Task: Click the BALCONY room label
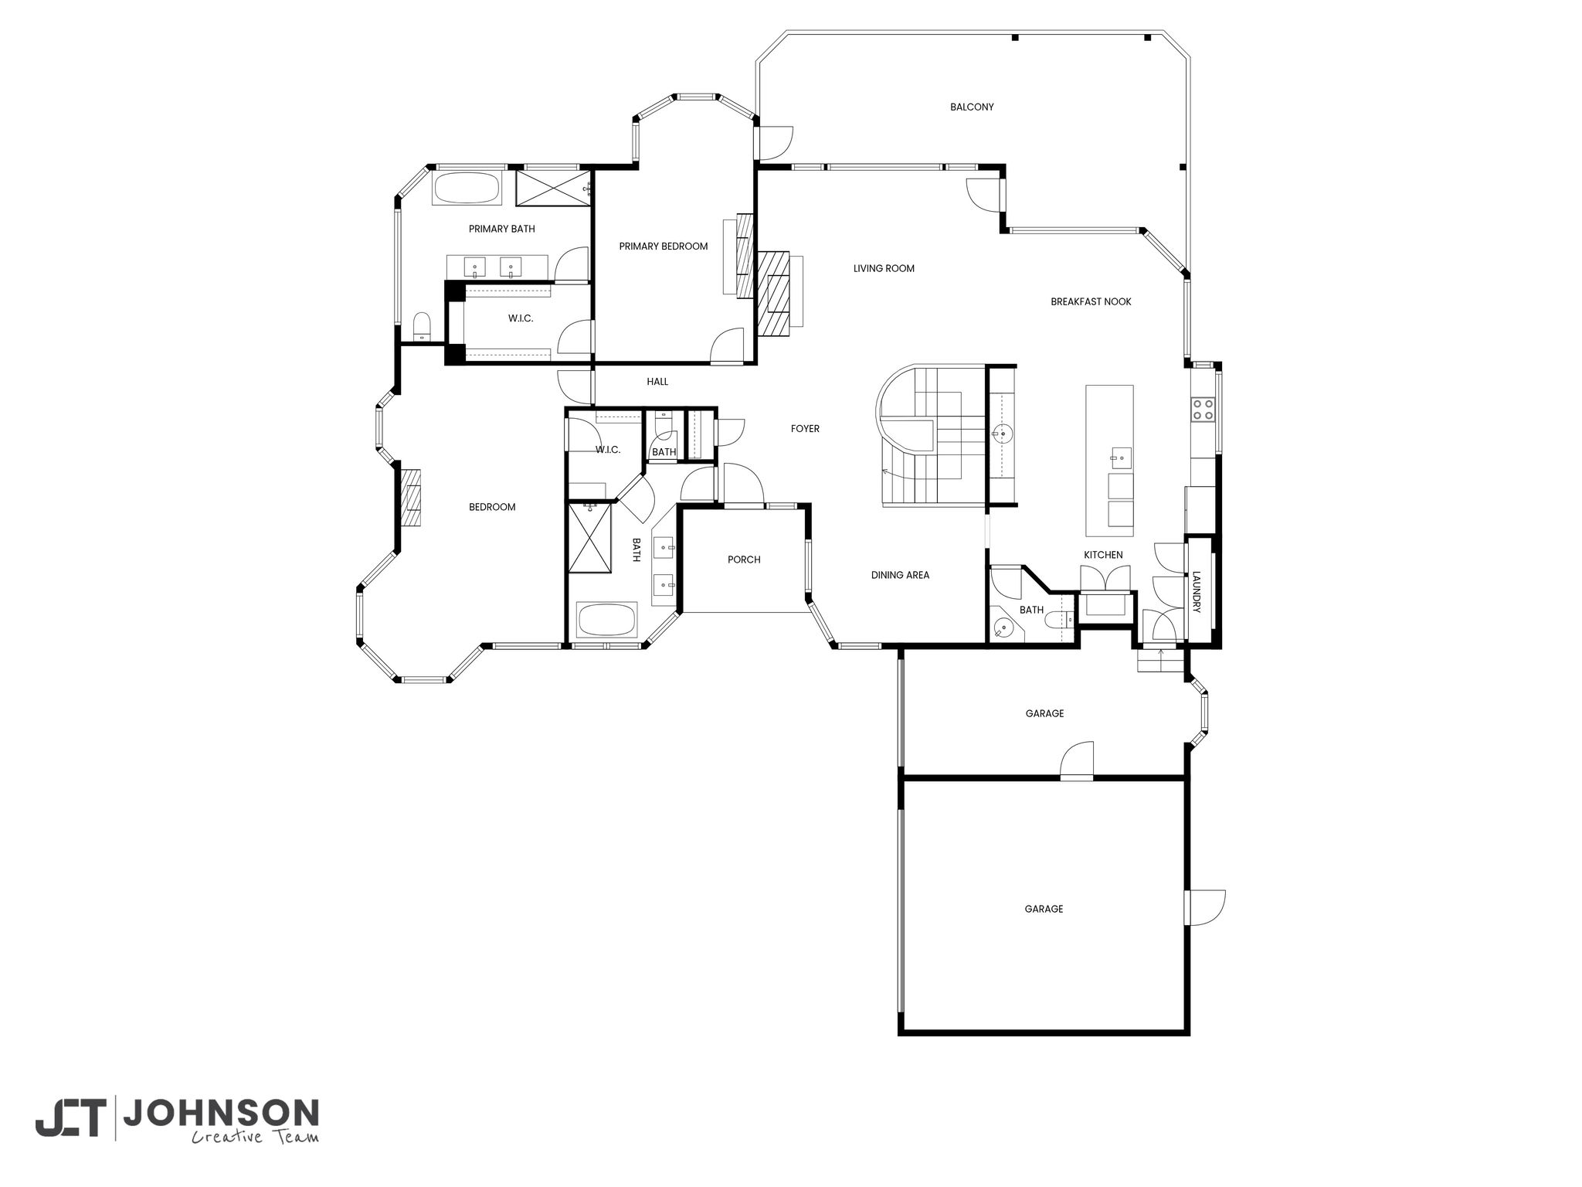pyautogui.click(x=972, y=107)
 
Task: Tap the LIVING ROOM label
pyautogui.click(x=884, y=269)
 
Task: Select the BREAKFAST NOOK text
pyautogui.click(x=1091, y=301)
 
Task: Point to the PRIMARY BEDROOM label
pyautogui.click(x=664, y=247)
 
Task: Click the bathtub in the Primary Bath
pyautogui.click(x=467, y=188)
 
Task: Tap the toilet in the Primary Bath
pyautogui.click(x=422, y=326)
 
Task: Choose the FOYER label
pyautogui.click(x=805, y=429)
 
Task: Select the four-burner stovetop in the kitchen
pyautogui.click(x=1202, y=408)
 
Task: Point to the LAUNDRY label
pyautogui.click(x=1197, y=592)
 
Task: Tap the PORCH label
pyautogui.click(x=744, y=559)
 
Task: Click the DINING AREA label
pyautogui.click(x=900, y=575)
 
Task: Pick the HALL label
pyautogui.click(x=657, y=382)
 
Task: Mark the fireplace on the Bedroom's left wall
pyautogui.click(x=412, y=498)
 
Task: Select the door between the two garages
pyautogui.click(x=1077, y=761)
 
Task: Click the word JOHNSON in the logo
pyautogui.click(x=221, y=1114)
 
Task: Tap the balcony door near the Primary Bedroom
pyautogui.click(x=775, y=142)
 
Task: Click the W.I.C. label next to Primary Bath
pyautogui.click(x=521, y=318)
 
